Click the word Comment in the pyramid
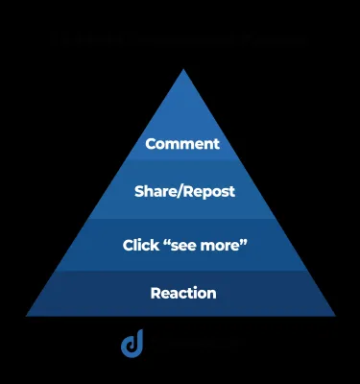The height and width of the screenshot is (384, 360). [182, 144]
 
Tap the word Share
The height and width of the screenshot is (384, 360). [156, 191]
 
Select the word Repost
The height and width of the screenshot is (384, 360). [209, 191]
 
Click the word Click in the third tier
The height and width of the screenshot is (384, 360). [140, 245]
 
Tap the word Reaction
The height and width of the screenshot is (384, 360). [183, 293]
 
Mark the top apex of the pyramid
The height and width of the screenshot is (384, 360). [181, 69]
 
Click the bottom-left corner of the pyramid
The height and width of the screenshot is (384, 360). [27, 315]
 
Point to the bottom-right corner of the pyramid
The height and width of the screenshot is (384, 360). [335, 315]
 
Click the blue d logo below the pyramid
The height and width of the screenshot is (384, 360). [132, 344]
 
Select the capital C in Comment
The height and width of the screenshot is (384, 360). [150, 144]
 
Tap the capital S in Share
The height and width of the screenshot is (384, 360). [139, 191]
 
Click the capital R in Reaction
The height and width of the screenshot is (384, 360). [155, 293]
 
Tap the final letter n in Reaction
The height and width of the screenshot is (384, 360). [212, 294]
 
